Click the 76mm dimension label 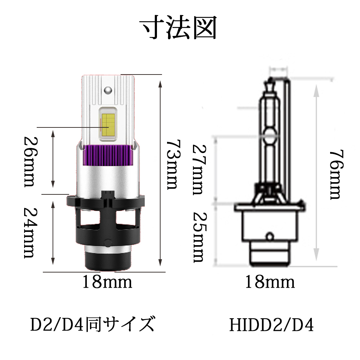pos(336,175)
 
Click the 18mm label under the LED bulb pos(107,282)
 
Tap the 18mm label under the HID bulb pos(270,282)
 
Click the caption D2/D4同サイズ pos(93,324)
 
